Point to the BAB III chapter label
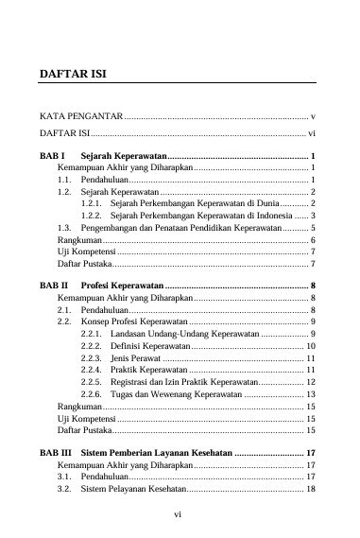click(56, 453)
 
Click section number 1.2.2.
click(92, 216)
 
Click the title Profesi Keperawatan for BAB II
click(122, 285)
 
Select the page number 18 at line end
click(310, 490)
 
